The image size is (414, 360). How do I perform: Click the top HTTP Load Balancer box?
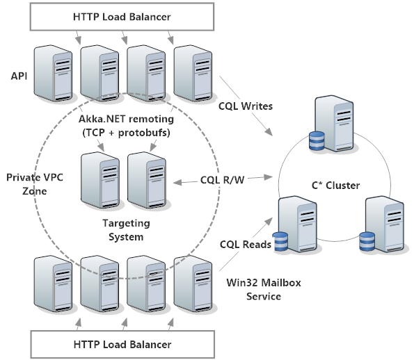point(121,17)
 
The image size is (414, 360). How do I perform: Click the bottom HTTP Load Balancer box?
point(121,344)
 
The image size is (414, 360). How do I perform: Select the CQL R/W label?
point(222,179)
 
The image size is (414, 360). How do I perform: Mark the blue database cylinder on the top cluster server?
point(317,141)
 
